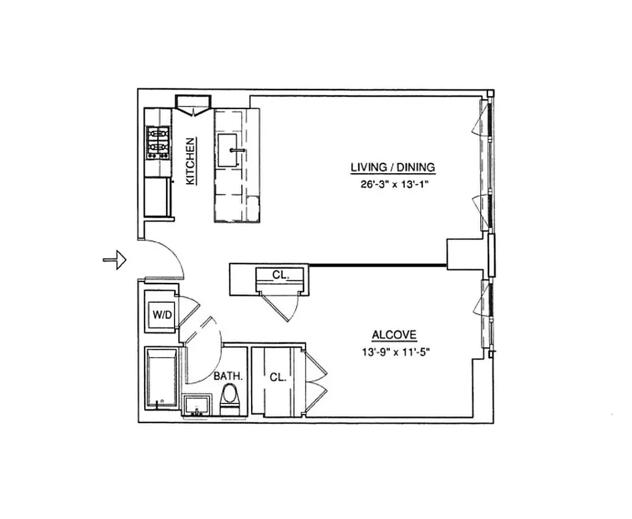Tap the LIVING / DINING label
point(393,167)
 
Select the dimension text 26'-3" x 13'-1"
point(396,184)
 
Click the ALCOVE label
point(394,335)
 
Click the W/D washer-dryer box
point(162,315)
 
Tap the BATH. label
point(228,376)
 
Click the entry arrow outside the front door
point(115,260)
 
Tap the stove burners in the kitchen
point(158,143)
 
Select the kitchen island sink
point(232,150)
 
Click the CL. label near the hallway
point(280,275)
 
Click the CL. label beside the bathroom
point(278,376)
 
